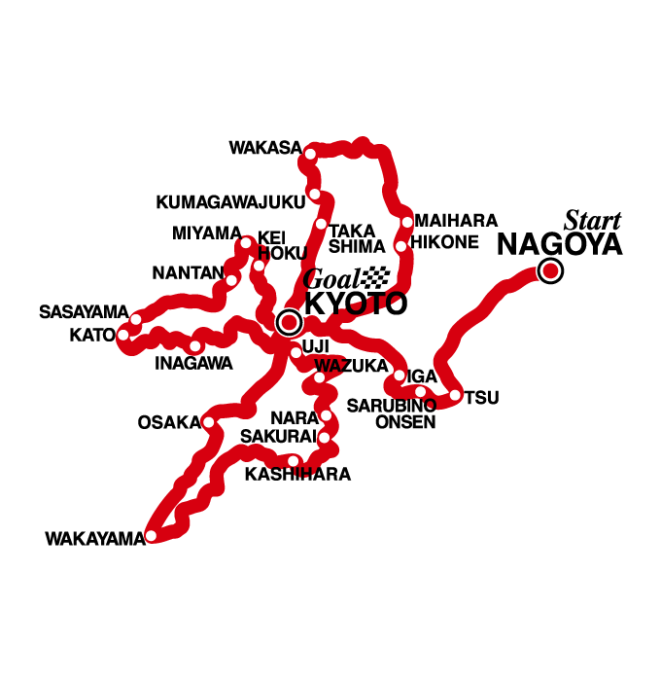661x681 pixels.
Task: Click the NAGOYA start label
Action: point(559,244)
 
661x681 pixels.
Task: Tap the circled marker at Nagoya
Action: point(550,271)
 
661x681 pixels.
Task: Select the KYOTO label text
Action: point(355,304)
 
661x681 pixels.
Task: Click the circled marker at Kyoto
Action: point(288,322)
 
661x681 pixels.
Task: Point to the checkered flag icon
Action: point(374,277)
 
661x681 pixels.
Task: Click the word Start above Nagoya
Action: point(592,220)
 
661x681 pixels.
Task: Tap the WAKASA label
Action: point(264,148)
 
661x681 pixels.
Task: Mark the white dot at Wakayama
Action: point(152,536)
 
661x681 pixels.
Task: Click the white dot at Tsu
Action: point(455,394)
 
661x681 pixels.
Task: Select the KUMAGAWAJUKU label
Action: point(230,202)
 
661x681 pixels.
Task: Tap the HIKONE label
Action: point(444,242)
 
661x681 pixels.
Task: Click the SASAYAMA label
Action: point(84,312)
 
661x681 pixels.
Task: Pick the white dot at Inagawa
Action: point(195,345)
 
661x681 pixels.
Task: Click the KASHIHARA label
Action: point(297,475)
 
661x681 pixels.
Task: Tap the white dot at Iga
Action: point(400,375)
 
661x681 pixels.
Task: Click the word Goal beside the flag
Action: point(329,279)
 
